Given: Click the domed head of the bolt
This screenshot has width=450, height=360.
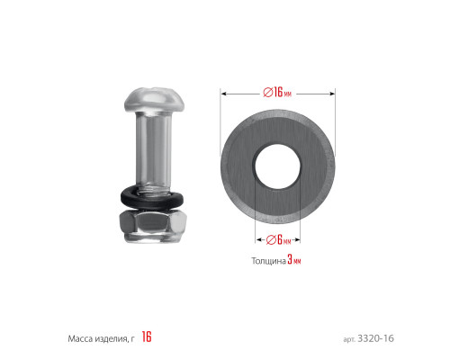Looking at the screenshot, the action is [x=155, y=99].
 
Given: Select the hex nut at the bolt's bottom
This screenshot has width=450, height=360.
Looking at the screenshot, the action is [x=152, y=226].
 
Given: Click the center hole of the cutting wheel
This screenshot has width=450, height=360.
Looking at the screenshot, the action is [x=277, y=166].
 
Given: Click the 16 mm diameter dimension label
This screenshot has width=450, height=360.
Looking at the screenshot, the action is [x=277, y=92].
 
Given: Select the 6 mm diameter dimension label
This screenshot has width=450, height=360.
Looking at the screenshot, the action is [x=279, y=239].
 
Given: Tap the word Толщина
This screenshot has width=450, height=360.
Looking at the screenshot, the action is [x=268, y=261].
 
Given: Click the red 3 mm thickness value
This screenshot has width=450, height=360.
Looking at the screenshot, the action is [x=294, y=260].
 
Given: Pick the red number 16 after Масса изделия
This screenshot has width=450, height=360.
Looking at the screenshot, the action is [x=147, y=337].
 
